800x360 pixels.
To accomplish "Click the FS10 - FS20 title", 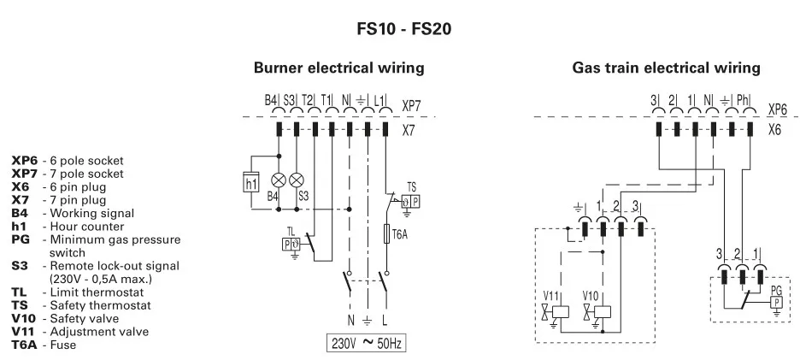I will tap(403, 28).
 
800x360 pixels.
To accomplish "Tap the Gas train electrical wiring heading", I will tap(666, 67).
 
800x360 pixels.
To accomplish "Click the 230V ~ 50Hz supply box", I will tap(367, 345).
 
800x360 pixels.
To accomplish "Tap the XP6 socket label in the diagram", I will tap(777, 109).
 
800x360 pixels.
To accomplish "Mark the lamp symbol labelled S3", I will tap(297, 180).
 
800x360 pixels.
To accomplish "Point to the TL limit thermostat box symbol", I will tap(291, 244).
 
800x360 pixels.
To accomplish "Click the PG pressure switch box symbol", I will tap(776, 303).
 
